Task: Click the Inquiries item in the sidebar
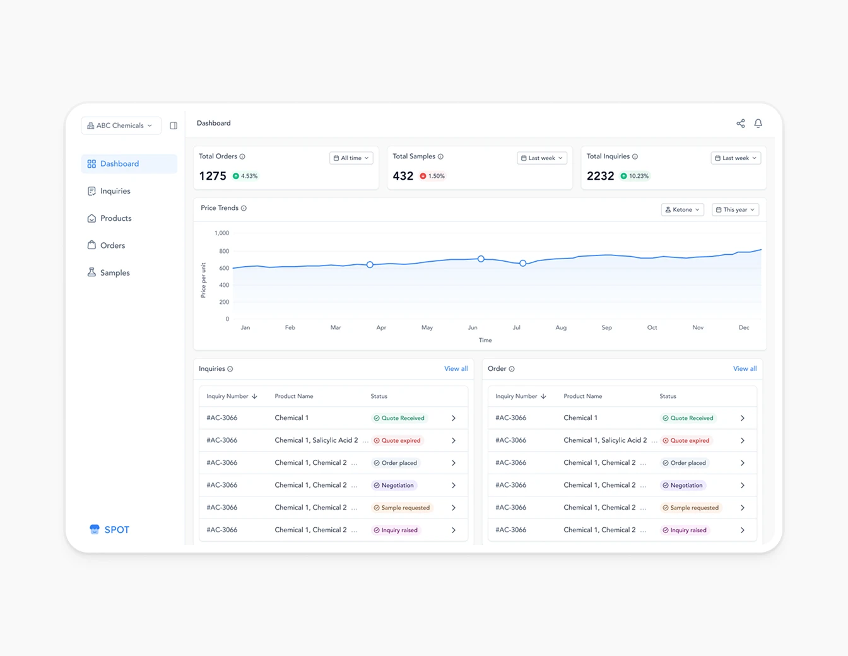pyautogui.click(x=115, y=191)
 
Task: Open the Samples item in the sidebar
pyautogui.click(x=114, y=272)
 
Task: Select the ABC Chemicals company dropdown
pyautogui.click(x=121, y=126)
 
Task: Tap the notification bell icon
pyautogui.click(x=758, y=124)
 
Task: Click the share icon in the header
pyautogui.click(x=740, y=124)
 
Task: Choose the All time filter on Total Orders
pyautogui.click(x=351, y=158)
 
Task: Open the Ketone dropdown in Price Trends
pyautogui.click(x=682, y=210)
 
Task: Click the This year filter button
pyautogui.click(x=735, y=210)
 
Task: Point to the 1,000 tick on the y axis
pyautogui.click(x=221, y=233)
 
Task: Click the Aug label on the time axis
pyautogui.click(x=561, y=328)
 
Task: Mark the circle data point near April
pyautogui.click(x=370, y=265)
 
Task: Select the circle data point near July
pyautogui.click(x=522, y=263)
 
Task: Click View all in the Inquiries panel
pyautogui.click(x=456, y=369)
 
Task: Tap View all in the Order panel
pyautogui.click(x=745, y=369)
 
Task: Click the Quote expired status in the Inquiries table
pyautogui.click(x=397, y=441)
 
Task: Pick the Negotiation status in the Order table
pyautogui.click(x=683, y=486)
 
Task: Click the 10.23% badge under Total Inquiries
pyautogui.click(x=635, y=176)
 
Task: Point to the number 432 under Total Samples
pyautogui.click(x=403, y=176)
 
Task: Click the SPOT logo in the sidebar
pyautogui.click(x=110, y=530)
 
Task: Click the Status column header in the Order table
pyautogui.click(x=668, y=397)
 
